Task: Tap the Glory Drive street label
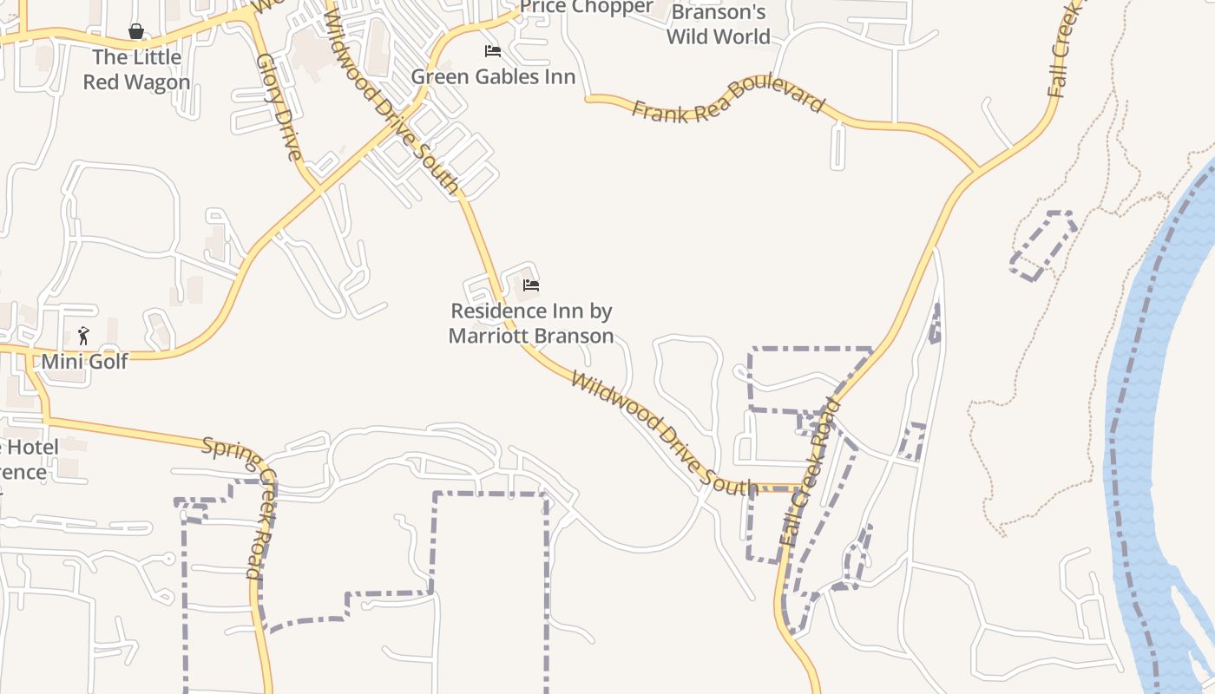(x=279, y=108)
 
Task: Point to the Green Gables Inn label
(x=493, y=76)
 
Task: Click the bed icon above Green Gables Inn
(x=493, y=51)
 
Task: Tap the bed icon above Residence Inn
(x=531, y=285)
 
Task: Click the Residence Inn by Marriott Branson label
(x=531, y=323)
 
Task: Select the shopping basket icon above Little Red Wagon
(x=136, y=32)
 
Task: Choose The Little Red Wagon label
(x=137, y=69)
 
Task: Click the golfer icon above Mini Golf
(x=83, y=335)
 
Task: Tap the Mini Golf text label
(x=84, y=361)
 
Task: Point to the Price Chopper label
(x=587, y=7)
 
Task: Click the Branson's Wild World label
(x=719, y=24)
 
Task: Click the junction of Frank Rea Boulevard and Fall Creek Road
(x=977, y=170)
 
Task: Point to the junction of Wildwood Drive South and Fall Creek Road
(x=797, y=488)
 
